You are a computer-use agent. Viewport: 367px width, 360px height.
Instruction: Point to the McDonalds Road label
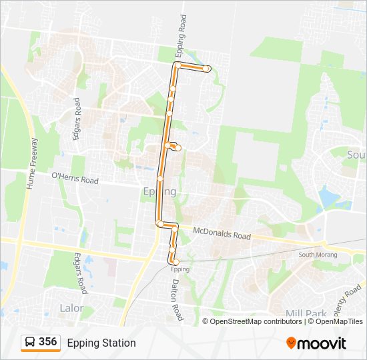tap(222, 233)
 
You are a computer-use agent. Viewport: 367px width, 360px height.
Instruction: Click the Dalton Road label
tap(174, 300)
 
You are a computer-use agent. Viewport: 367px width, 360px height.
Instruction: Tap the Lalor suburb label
tap(71, 308)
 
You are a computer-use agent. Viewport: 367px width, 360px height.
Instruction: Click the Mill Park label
tap(305, 313)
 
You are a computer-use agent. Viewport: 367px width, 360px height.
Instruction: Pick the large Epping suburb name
tap(160, 192)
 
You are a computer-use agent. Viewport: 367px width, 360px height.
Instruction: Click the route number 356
tap(48, 342)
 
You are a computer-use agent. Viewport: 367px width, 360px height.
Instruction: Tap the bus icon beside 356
tap(30, 343)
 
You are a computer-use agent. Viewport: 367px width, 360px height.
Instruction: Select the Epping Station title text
tap(101, 343)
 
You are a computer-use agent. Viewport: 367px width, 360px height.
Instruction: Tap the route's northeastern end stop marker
tap(208, 69)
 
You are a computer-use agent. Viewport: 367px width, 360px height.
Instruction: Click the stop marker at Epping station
tap(176, 262)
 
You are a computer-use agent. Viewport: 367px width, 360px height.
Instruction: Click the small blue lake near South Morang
tap(328, 197)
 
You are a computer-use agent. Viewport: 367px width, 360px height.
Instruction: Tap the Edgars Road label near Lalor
tap(80, 273)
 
